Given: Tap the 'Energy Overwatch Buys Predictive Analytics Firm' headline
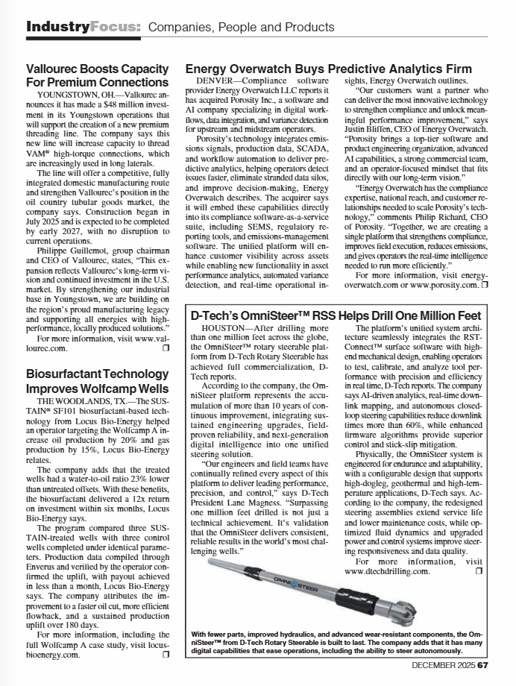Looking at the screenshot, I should click(x=322, y=67).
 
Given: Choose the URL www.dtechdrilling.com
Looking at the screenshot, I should click(x=387, y=571).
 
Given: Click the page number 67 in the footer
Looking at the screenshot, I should click(x=482, y=665).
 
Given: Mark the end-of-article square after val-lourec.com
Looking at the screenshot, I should click(x=166, y=348).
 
